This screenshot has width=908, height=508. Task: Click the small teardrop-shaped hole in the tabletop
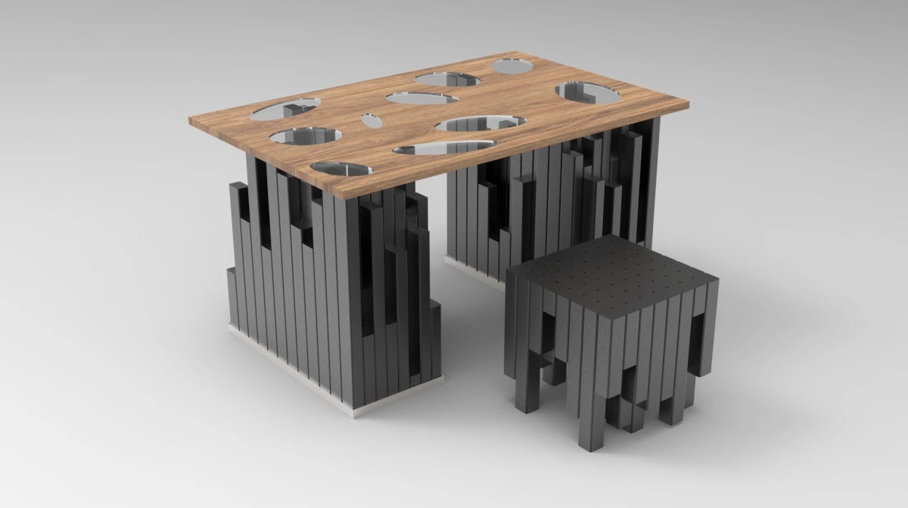pos(371,120)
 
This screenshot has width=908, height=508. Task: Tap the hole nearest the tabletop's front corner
pos(340,167)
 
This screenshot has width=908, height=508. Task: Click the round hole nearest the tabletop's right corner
pos(588,92)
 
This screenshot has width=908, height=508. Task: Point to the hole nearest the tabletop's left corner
pos(285,110)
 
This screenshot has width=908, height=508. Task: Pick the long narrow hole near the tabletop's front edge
pos(443,147)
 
